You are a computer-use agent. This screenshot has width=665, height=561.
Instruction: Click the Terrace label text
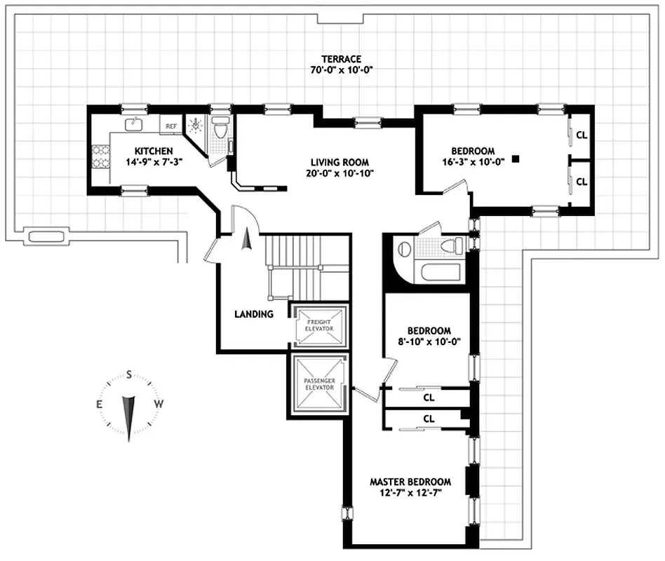341,59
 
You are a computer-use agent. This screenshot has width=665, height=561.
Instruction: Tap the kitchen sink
133,124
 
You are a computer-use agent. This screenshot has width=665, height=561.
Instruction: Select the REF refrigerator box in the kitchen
171,126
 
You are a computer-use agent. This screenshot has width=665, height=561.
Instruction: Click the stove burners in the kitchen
101,156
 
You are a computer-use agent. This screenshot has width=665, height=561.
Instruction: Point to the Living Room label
340,162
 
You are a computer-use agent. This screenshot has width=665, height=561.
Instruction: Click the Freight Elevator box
319,325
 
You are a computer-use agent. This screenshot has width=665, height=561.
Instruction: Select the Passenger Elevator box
319,384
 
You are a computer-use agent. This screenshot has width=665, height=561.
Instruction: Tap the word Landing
254,314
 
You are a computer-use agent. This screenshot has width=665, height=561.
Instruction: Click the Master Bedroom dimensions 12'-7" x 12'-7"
410,493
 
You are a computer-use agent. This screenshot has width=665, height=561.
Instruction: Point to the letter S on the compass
129,375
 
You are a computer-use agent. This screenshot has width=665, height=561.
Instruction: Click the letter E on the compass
99,404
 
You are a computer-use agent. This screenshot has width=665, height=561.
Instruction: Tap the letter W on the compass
159,404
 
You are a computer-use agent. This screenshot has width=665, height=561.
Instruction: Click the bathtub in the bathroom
441,273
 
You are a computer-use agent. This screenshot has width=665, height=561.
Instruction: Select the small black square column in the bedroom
516,159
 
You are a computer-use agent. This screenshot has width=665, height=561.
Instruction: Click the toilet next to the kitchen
220,128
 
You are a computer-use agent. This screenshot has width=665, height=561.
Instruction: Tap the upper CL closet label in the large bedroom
582,135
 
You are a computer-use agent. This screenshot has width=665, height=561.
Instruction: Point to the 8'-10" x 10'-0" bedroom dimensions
429,342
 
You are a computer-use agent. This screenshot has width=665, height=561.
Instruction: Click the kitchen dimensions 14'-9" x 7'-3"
154,162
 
